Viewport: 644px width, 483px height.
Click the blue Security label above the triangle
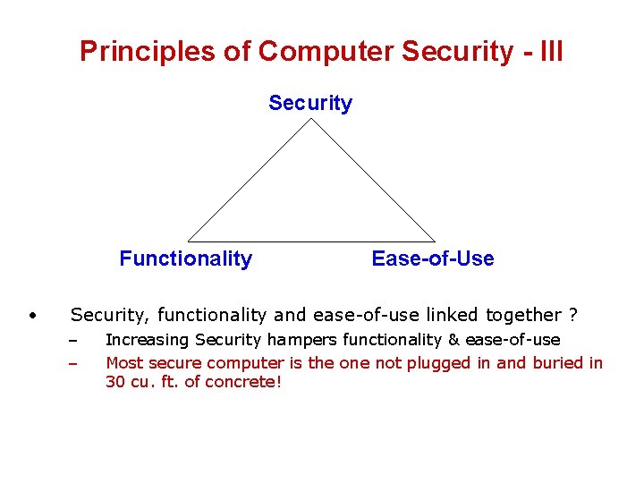coord(310,103)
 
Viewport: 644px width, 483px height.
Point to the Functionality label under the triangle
coord(186,258)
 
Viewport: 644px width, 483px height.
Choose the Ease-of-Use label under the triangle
coord(432,258)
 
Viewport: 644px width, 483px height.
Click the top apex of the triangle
coord(311,120)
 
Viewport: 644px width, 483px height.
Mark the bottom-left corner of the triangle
coord(189,241)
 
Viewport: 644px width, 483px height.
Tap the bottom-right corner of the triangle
coord(435,241)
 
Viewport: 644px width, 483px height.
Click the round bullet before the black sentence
coord(31,315)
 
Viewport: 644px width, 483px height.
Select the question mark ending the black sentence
coord(573,315)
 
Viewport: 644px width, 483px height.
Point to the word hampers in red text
coord(297,340)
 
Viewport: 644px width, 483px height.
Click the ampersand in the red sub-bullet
coord(453,340)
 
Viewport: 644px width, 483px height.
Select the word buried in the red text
coord(556,363)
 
